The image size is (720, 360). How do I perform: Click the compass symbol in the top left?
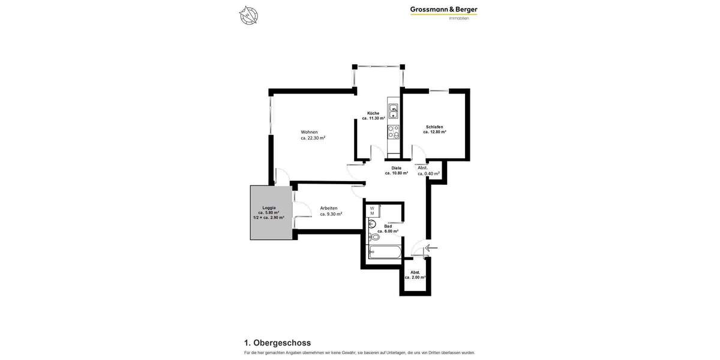[x=248, y=15]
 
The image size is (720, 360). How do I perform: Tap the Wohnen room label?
[x=310, y=132]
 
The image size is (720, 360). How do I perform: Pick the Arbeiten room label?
[x=329, y=208]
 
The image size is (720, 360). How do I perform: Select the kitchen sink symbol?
[x=393, y=111]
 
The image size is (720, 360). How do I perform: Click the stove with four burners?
[x=393, y=132]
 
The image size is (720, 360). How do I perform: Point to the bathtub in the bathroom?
[x=385, y=252]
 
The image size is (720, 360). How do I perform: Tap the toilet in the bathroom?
[x=374, y=237]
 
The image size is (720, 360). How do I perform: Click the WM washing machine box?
[x=372, y=211]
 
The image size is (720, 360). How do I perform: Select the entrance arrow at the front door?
[x=431, y=248]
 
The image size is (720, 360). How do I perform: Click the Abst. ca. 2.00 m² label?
[x=415, y=275]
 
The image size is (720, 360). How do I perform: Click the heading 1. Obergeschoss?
[x=277, y=343]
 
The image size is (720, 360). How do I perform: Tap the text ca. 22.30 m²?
[x=313, y=138]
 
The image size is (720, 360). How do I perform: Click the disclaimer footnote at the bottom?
[x=359, y=353]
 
